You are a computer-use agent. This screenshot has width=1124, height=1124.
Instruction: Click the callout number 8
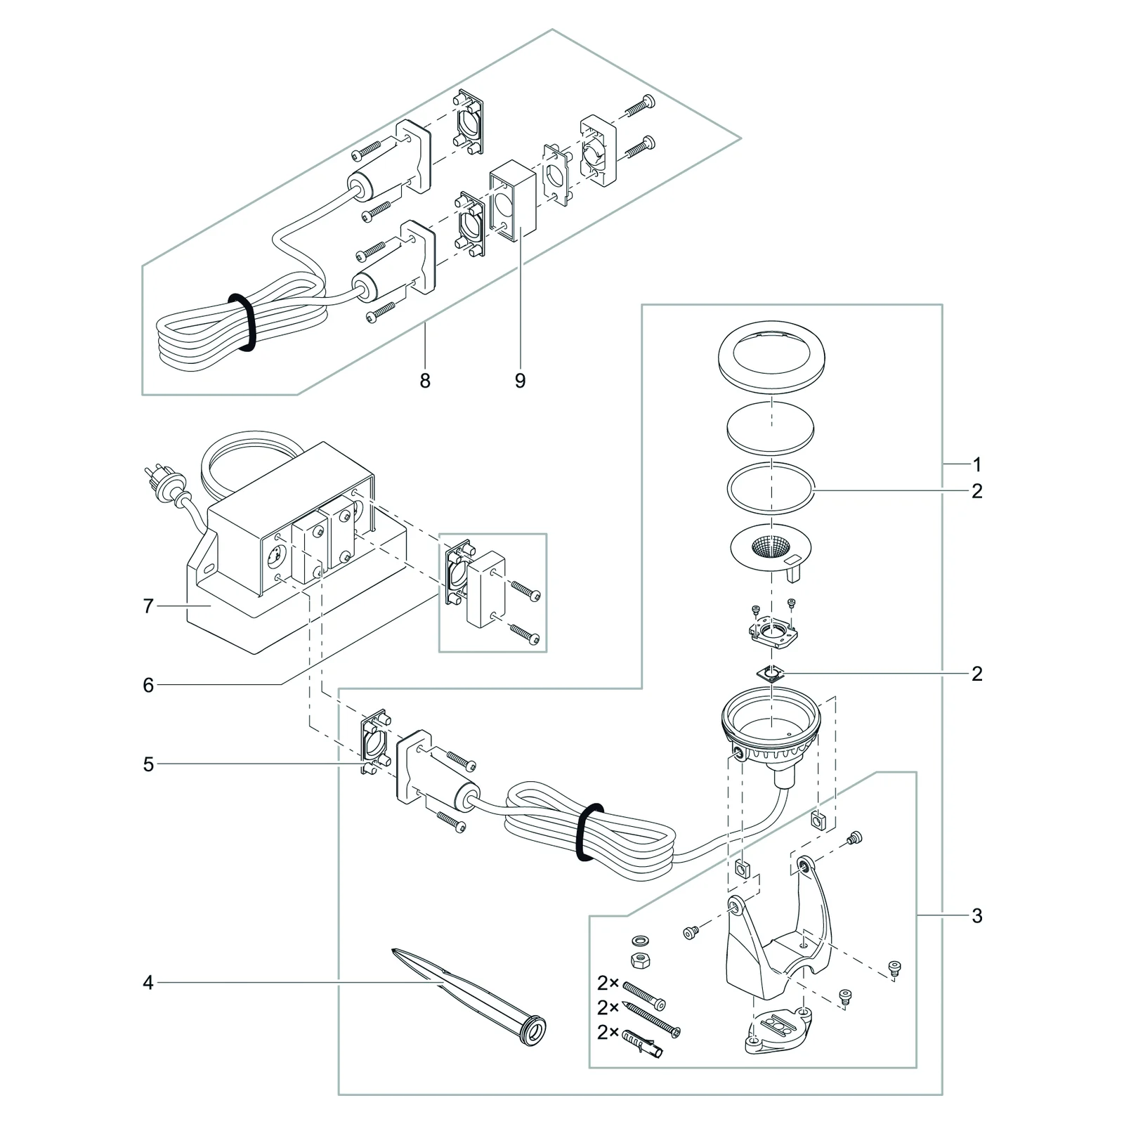425,381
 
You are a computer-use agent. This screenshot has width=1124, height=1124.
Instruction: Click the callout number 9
520,381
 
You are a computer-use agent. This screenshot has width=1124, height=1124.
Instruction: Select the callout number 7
148,606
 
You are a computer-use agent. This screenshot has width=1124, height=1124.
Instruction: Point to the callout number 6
148,685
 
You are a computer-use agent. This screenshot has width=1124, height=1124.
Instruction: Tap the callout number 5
148,764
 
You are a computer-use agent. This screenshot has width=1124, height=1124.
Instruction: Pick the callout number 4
148,982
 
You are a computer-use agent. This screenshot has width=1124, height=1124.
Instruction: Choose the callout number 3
977,916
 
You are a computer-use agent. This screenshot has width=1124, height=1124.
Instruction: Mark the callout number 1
977,464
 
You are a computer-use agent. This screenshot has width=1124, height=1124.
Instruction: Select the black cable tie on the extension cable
241,322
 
